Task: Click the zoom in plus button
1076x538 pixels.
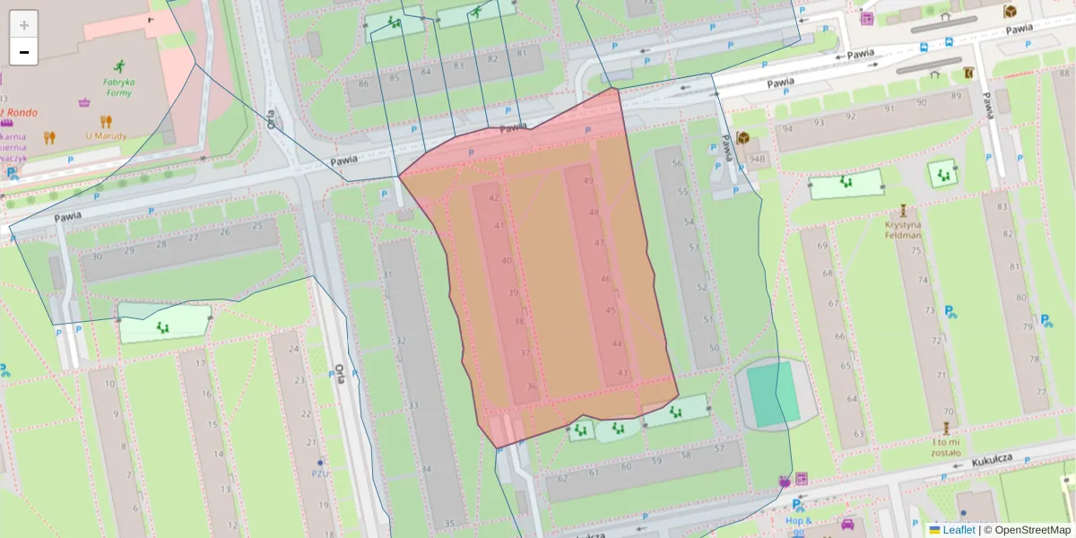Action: click(x=24, y=25)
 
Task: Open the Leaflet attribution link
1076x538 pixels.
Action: click(x=959, y=530)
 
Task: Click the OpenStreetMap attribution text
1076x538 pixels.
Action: click(x=1032, y=530)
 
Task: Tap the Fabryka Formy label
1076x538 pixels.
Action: click(x=118, y=87)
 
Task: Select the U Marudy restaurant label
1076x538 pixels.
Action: click(x=106, y=136)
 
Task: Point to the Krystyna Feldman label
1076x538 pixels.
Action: click(x=903, y=230)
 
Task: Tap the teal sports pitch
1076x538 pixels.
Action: click(x=773, y=394)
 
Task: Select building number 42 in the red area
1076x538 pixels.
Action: click(x=493, y=198)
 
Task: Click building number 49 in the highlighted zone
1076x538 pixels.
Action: click(x=588, y=181)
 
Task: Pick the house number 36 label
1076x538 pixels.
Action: click(x=532, y=387)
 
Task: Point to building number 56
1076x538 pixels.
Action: click(x=678, y=163)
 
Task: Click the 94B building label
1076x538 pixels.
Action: click(x=757, y=160)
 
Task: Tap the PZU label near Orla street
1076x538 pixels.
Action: click(x=319, y=473)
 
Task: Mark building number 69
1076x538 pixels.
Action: click(x=820, y=246)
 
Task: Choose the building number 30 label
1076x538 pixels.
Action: click(x=97, y=256)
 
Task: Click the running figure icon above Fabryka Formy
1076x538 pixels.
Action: click(x=119, y=65)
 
